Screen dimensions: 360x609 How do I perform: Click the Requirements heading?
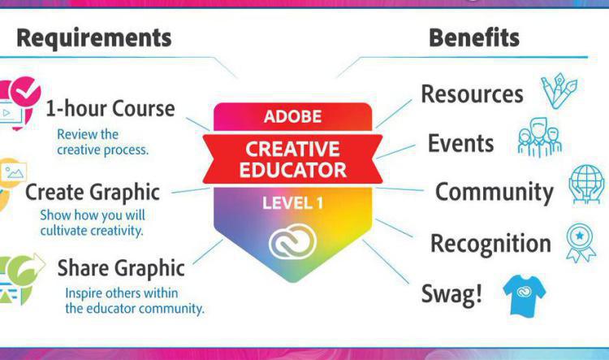point(94,37)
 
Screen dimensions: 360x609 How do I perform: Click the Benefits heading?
point(474,37)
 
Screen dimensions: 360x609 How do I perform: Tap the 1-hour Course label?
point(110,108)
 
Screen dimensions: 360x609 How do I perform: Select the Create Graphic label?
point(93,193)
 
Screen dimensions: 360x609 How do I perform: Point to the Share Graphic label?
point(121,267)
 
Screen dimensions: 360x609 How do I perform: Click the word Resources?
point(472,93)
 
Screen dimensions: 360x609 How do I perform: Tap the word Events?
point(460,143)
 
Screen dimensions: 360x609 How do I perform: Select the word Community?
point(494,192)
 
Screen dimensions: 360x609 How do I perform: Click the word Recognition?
point(490,243)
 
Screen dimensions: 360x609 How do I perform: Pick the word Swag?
point(451,293)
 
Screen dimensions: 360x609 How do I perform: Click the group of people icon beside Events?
point(539,140)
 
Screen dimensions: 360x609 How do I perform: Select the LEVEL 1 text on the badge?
point(292,202)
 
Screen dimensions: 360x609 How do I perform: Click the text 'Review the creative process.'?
point(102,142)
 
